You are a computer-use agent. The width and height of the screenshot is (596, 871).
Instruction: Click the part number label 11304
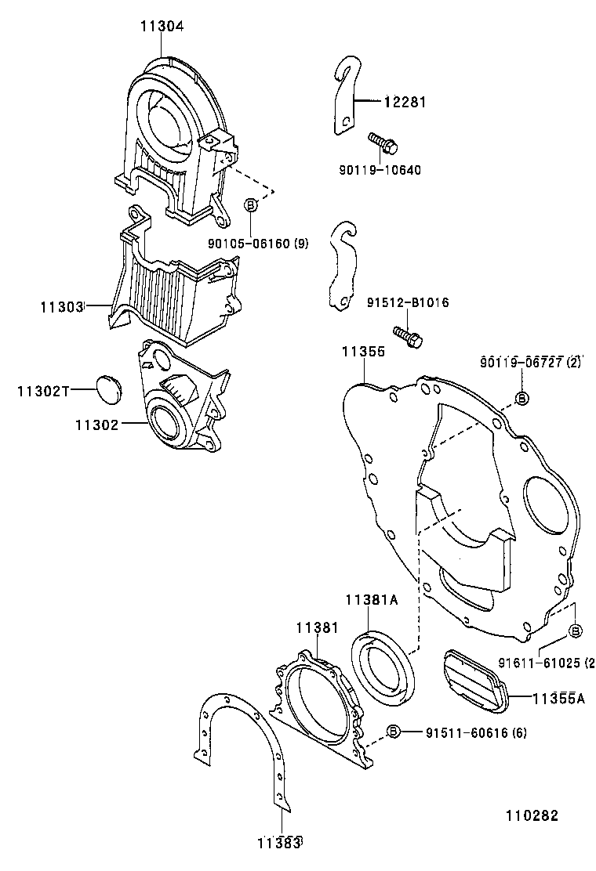(x=162, y=26)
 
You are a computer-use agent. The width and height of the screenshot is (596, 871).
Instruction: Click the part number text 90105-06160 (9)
(x=257, y=244)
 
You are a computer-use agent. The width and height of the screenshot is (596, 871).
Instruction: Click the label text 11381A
(x=372, y=600)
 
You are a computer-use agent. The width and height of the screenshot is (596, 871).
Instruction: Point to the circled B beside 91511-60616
(x=394, y=732)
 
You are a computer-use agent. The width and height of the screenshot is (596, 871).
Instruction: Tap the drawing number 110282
(x=531, y=815)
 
